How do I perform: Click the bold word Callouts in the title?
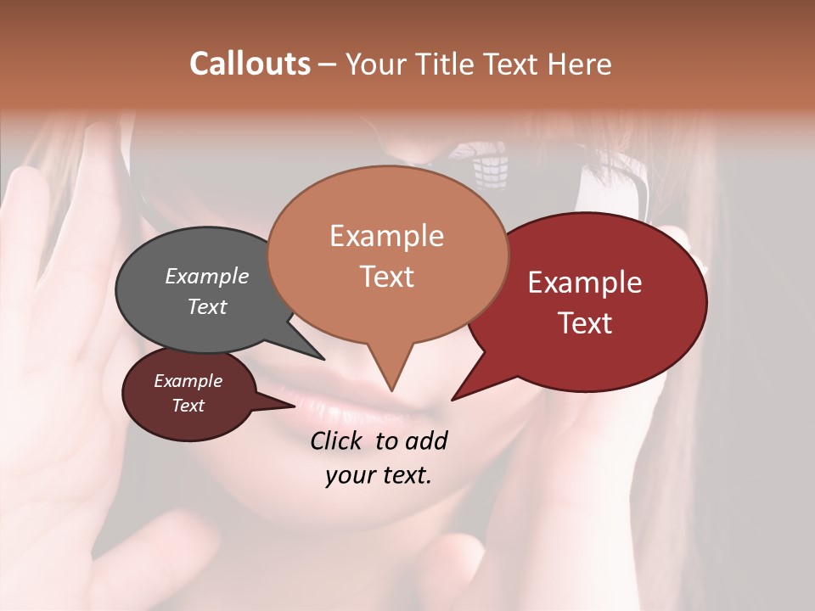coord(250,64)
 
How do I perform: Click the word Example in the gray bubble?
coord(206,277)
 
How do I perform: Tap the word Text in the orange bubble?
coord(387,277)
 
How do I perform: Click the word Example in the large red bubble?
coord(585,283)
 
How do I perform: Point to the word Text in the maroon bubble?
coord(188,406)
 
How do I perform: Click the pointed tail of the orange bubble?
coord(391,386)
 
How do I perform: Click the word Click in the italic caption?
coord(338,440)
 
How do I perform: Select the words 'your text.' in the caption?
coord(379,475)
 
